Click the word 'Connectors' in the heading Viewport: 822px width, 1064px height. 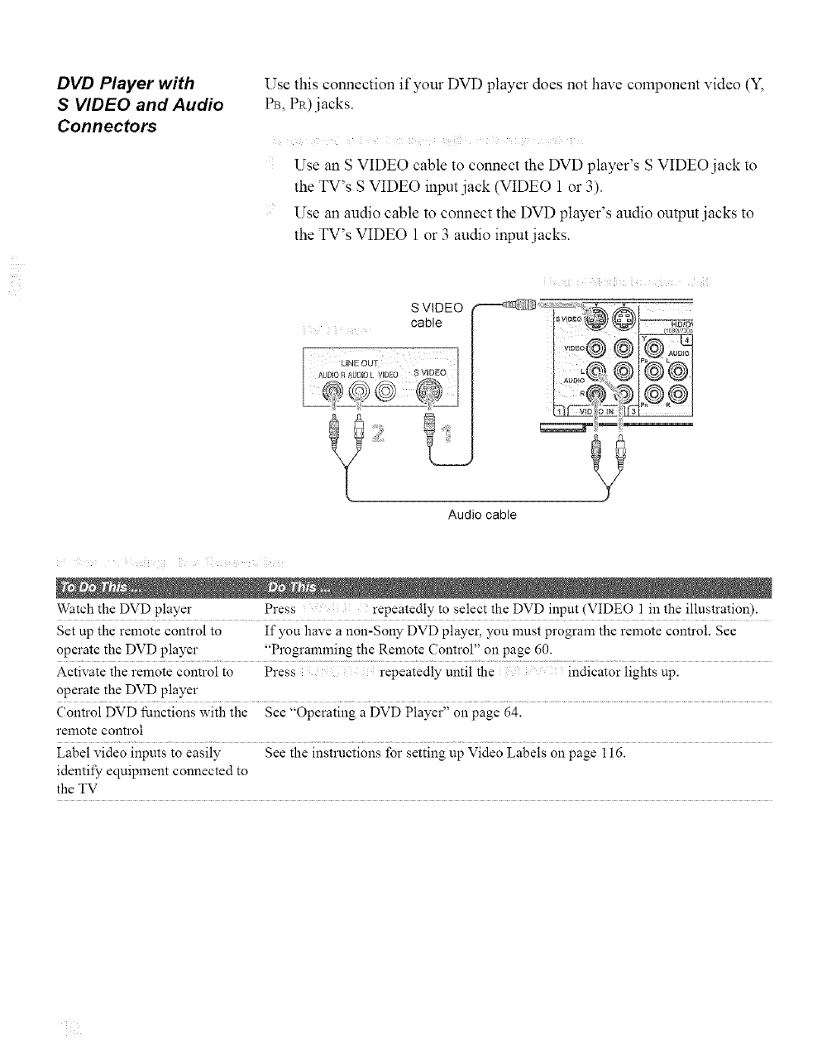(106, 127)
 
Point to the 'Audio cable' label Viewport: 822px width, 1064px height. (482, 515)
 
